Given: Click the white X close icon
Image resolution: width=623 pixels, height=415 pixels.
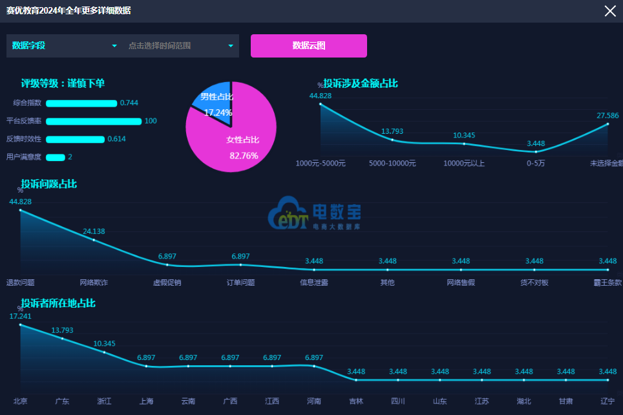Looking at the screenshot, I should [x=609, y=11].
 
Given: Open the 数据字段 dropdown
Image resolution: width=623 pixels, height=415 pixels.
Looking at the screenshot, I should [x=63, y=46].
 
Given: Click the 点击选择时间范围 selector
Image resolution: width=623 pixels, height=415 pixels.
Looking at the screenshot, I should [x=180, y=46].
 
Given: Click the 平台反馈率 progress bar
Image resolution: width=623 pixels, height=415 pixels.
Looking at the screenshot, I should [x=94, y=122].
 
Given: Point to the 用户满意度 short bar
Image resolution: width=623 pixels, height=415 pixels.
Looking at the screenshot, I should [x=56, y=157].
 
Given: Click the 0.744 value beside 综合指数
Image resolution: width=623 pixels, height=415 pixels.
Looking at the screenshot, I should [x=129, y=103].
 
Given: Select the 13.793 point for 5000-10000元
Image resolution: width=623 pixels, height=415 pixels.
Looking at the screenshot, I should [x=392, y=140].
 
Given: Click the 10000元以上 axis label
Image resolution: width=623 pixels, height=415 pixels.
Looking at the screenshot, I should [x=463, y=164].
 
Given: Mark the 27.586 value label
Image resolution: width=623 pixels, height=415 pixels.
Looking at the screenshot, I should [x=607, y=116].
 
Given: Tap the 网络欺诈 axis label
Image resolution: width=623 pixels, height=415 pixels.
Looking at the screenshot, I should [x=94, y=282].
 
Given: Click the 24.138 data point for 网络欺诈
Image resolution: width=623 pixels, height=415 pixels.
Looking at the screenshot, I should [x=94, y=240].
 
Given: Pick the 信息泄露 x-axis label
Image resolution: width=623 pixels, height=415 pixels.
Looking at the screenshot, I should [x=314, y=282].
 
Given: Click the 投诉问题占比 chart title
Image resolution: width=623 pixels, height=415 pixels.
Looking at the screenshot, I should [x=48, y=184].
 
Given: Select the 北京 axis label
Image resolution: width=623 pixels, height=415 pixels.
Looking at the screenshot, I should [x=20, y=401].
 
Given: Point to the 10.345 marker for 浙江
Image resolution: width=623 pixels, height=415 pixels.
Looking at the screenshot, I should [x=104, y=352].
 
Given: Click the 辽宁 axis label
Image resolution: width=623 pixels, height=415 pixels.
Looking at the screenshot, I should [x=607, y=401].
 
